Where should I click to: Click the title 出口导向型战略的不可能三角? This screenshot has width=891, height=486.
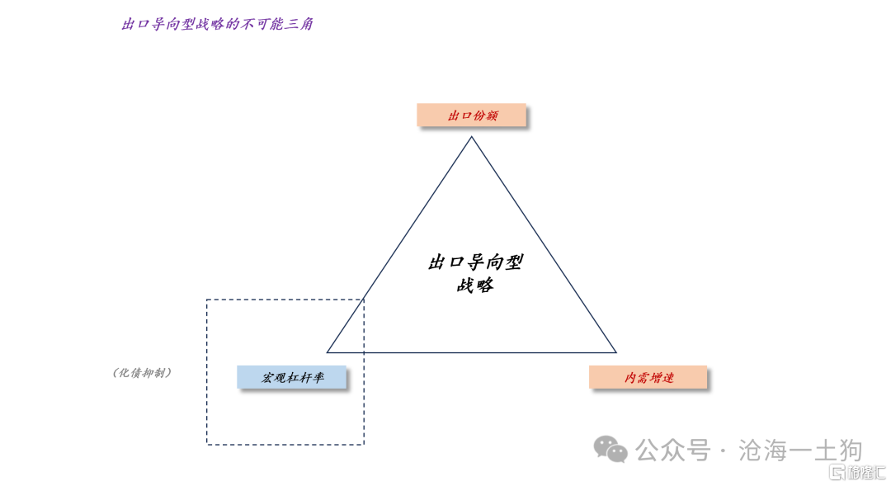(x=217, y=24)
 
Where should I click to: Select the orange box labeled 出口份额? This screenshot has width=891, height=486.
(x=471, y=115)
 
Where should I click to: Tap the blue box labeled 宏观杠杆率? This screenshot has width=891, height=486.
(x=291, y=377)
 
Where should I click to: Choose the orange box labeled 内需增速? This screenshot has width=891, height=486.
(x=648, y=377)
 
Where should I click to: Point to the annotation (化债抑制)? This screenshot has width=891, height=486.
(x=142, y=373)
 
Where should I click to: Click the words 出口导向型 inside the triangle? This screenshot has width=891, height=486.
(x=475, y=262)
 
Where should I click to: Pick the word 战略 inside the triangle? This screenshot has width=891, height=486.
(x=475, y=285)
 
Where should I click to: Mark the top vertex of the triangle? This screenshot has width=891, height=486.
(x=471, y=137)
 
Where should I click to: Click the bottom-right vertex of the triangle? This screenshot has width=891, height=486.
(x=616, y=352)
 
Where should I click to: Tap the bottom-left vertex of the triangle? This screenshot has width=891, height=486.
(x=328, y=352)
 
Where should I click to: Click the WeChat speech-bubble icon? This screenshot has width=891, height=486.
(x=610, y=450)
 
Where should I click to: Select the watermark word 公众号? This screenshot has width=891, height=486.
(x=673, y=451)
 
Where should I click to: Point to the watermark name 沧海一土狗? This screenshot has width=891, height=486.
(x=800, y=451)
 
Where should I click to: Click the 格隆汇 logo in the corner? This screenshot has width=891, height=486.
(x=857, y=472)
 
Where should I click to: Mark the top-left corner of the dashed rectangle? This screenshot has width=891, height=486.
(x=207, y=300)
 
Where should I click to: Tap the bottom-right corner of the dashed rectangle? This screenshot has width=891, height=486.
(x=364, y=444)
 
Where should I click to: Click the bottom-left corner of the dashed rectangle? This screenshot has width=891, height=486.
(x=207, y=444)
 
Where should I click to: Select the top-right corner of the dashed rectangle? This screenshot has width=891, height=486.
(x=364, y=300)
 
